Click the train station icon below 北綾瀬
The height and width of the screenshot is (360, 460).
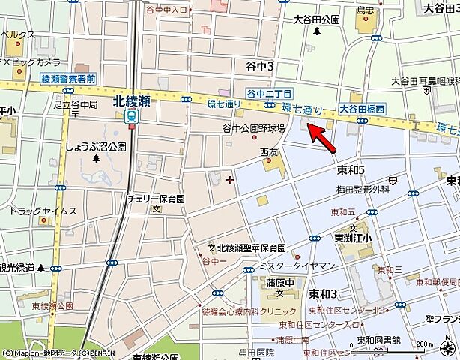pyautogui.click(x=133, y=117)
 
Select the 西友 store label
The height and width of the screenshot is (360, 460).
pyautogui.click(x=270, y=152)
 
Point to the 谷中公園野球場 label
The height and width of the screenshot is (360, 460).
pyautogui.click(x=255, y=128)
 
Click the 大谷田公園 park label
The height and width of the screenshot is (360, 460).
pyautogui.click(x=316, y=19)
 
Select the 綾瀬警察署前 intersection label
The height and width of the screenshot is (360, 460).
pyautogui.click(x=68, y=78)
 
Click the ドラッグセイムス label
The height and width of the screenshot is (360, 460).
pyautogui.click(x=43, y=211)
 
